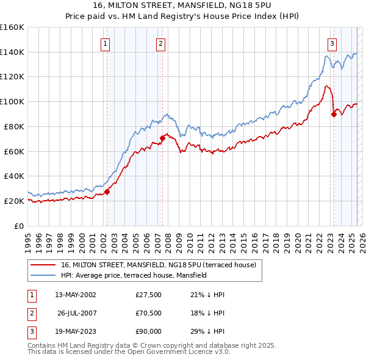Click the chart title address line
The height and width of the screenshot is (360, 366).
(x=182, y=6)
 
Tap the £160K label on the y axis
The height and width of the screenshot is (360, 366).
(x=12, y=27)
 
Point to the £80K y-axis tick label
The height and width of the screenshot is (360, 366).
(x=14, y=126)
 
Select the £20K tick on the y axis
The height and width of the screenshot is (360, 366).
(x=14, y=201)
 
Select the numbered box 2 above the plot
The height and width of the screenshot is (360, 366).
(x=160, y=43)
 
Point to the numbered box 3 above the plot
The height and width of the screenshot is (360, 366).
(x=332, y=43)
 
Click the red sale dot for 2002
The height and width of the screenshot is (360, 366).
(x=107, y=192)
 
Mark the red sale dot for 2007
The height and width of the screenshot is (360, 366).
(x=163, y=138)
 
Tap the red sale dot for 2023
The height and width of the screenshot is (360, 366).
(x=334, y=113)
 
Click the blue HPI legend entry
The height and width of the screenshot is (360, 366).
(x=134, y=275)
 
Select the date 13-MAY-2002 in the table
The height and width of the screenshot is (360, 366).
(x=76, y=295)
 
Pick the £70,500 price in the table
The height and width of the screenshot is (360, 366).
(x=149, y=313)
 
